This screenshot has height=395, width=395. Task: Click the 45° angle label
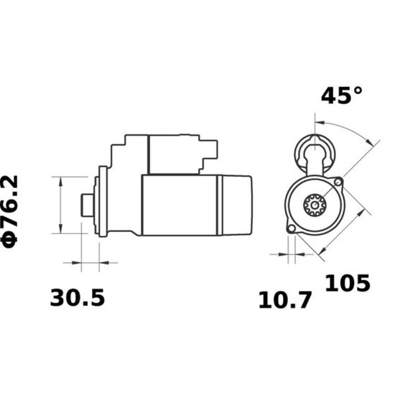click(342, 96)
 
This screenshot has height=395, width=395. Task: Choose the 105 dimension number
click(348, 283)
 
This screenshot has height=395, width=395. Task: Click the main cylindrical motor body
click(180, 204)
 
